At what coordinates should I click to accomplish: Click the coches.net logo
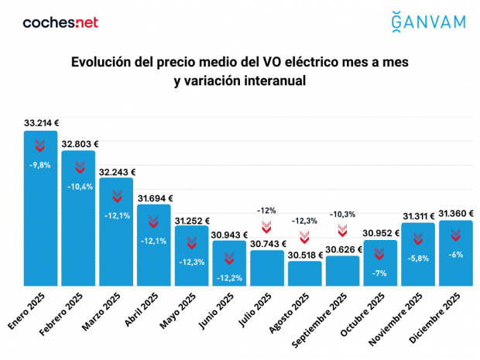point(60,22)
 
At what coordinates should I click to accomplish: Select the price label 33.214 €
point(42,122)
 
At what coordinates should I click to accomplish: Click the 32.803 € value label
point(80,143)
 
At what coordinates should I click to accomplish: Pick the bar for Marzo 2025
point(116,232)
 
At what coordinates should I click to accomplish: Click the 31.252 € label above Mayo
point(193,219)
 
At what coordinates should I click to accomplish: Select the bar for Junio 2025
point(231,263)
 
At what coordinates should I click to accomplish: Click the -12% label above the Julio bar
point(268,211)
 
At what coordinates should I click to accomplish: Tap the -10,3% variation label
point(343,214)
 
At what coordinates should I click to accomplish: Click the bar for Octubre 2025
point(381,263)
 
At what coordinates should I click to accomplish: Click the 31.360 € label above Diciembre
point(457,213)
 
